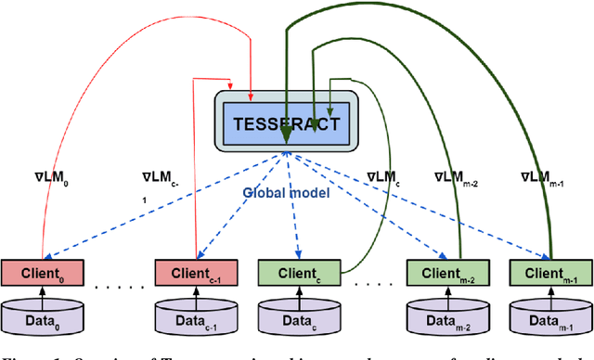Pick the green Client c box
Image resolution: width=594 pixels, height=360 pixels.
[298, 273]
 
